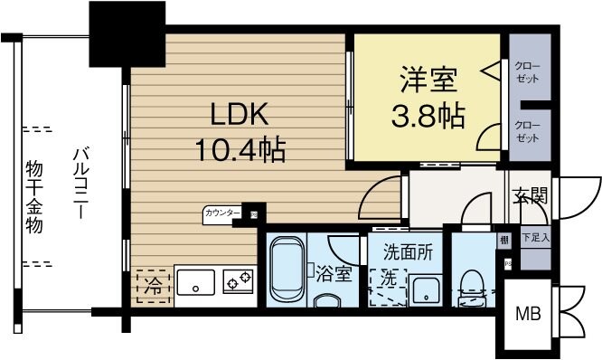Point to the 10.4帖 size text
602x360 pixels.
tap(240, 147)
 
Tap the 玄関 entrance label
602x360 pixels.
tap(532, 194)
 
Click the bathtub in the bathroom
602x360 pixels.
tap(286, 271)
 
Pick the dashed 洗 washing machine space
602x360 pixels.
tap(388, 282)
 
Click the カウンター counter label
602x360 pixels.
tap(222, 214)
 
